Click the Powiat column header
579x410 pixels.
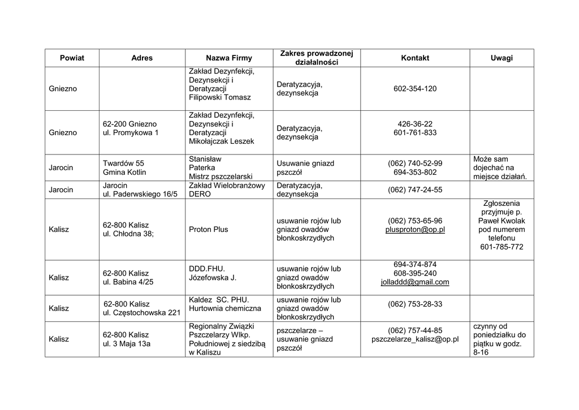click(72, 58)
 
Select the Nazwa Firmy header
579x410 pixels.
click(229, 58)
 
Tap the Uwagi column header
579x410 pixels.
click(502, 58)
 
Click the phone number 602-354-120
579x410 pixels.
click(415, 89)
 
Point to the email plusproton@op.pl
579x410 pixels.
click(415, 230)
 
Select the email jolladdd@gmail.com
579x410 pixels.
click(415, 282)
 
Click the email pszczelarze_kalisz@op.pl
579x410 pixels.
click(415, 339)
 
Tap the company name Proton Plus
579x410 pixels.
click(209, 230)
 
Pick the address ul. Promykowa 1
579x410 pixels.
click(131, 133)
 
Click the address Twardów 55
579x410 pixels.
click(123, 163)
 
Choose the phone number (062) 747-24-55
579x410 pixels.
click(415, 190)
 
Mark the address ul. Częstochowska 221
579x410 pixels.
click(141, 313)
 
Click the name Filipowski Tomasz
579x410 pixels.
click(220, 98)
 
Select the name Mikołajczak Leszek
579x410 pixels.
click(222, 141)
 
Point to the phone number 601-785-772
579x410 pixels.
click(502, 247)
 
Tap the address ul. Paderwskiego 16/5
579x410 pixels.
click(140, 194)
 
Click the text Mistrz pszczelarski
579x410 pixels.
click(221, 176)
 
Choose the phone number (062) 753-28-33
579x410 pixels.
click(415, 304)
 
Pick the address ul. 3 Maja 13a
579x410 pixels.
click(127, 343)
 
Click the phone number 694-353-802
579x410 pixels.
click(415, 172)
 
